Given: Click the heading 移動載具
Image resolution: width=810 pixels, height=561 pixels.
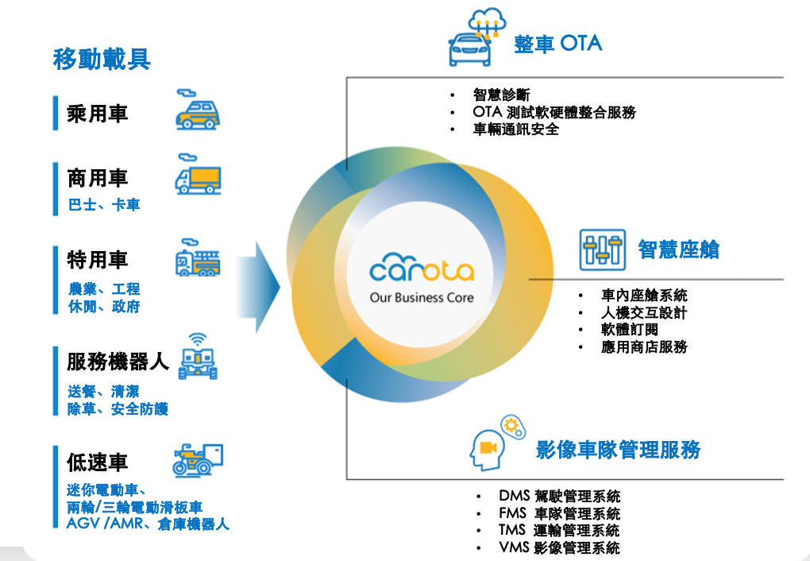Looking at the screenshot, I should [x=102, y=60].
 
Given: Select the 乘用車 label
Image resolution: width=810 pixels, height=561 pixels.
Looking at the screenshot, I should [x=97, y=114].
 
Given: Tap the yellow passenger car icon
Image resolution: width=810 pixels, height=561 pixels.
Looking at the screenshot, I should [x=197, y=111].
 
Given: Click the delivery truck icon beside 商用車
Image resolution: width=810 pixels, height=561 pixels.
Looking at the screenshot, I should [x=198, y=179].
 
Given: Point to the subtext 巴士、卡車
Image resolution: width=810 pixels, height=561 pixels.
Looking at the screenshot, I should [x=103, y=205].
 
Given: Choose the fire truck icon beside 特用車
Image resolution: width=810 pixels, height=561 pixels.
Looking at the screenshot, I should [x=198, y=260].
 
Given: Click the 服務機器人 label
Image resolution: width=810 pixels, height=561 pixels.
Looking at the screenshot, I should [x=118, y=362].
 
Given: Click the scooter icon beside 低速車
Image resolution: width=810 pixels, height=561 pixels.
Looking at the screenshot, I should [x=198, y=459].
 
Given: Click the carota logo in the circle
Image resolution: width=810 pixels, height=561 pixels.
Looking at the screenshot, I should [x=422, y=270].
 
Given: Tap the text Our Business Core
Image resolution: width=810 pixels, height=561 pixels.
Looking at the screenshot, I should [x=422, y=297].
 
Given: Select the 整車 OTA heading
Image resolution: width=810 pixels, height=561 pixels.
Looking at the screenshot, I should [x=557, y=44].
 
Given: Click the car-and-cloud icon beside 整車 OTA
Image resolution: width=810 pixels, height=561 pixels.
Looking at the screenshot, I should [x=478, y=40].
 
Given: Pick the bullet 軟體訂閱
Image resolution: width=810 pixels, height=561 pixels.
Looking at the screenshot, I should [x=629, y=330].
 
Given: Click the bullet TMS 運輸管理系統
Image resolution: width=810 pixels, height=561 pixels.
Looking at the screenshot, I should [x=559, y=531].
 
